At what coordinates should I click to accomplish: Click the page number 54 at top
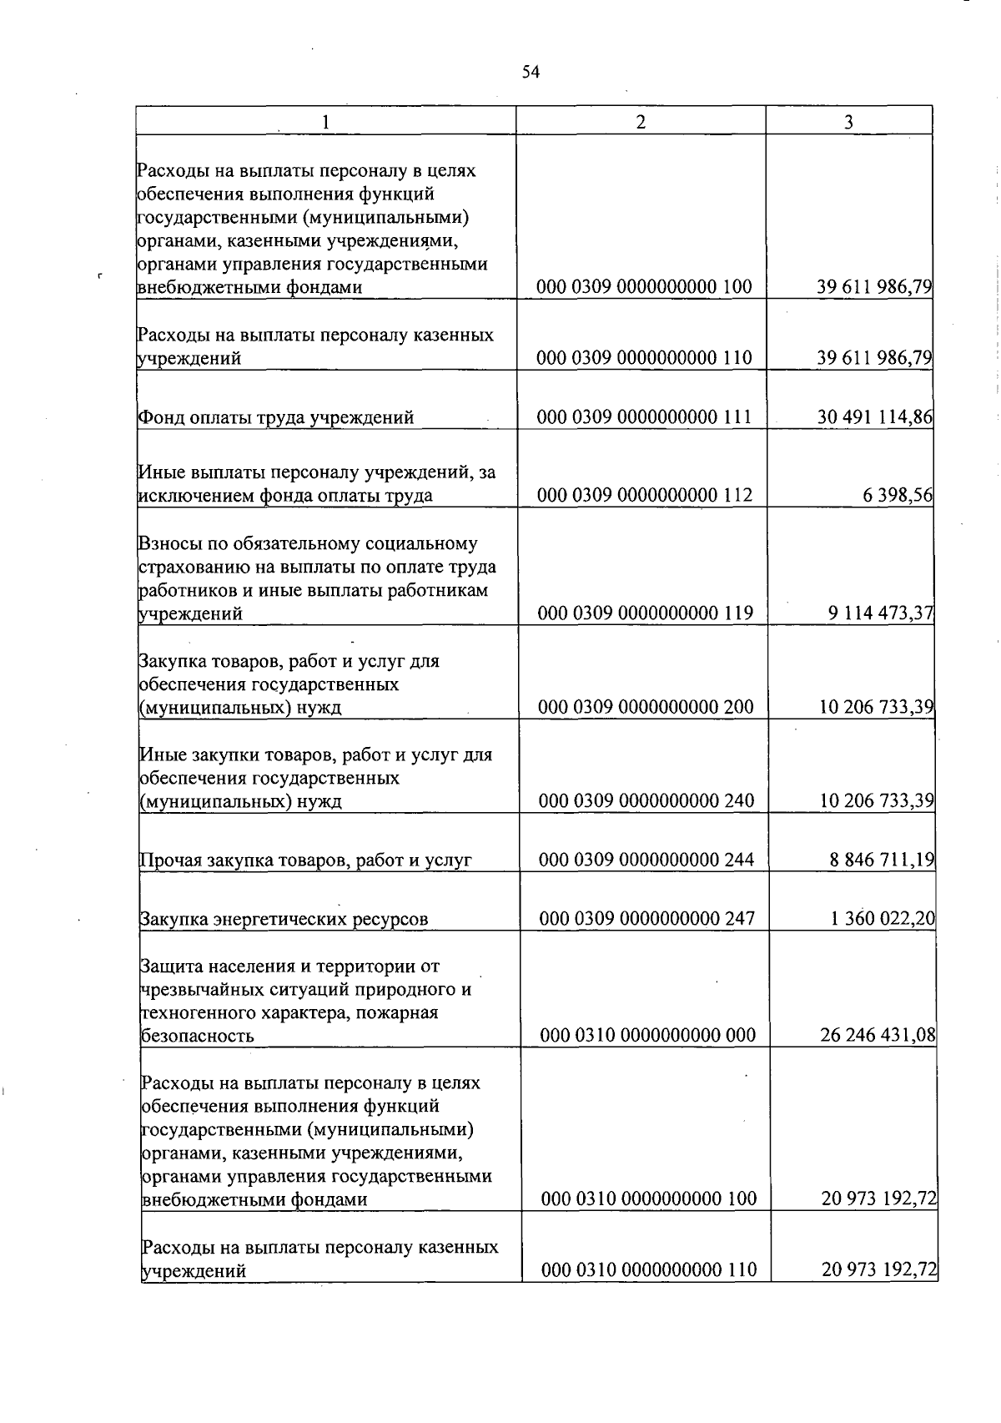coord(531,73)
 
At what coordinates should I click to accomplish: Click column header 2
coord(640,122)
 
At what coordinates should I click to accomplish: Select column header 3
coord(848,122)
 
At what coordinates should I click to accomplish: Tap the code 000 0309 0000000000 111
coord(644,417)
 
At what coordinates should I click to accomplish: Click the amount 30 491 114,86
coord(874,417)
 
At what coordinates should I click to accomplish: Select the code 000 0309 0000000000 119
coord(645,613)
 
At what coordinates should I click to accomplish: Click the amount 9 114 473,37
coord(880,613)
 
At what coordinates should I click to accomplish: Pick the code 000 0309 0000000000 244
coord(646,860)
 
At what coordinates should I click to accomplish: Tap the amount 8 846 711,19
coord(882,860)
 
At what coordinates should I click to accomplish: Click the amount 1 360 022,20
coord(883,919)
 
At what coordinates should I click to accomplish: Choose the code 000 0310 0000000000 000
coord(647,1036)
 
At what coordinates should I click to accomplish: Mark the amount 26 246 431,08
coord(878,1036)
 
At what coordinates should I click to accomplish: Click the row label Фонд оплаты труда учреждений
coord(276,417)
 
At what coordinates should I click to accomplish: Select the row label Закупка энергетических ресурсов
coord(284,919)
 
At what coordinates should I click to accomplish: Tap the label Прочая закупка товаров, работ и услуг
coord(306,860)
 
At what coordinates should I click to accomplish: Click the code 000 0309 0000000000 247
coord(646,919)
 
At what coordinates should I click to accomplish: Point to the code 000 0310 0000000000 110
coord(649,1270)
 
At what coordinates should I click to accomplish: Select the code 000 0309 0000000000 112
coord(644,496)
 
